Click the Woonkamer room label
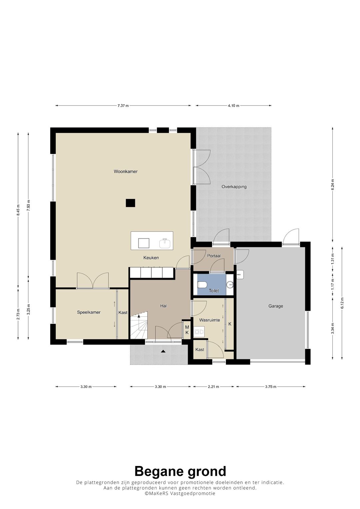click(125, 172)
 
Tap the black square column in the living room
click(130, 203)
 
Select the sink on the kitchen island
click(165, 243)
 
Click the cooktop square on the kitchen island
click(144, 243)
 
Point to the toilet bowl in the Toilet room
click(202, 285)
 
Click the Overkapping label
click(234, 187)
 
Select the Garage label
click(276, 306)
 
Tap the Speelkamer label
click(89, 312)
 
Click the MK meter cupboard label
click(187, 330)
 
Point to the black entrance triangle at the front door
click(163, 351)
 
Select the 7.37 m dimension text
click(123, 106)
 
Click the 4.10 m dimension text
click(234, 106)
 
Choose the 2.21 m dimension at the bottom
click(213, 387)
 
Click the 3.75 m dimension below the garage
click(271, 387)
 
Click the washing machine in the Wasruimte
click(199, 332)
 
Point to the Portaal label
click(214, 256)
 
